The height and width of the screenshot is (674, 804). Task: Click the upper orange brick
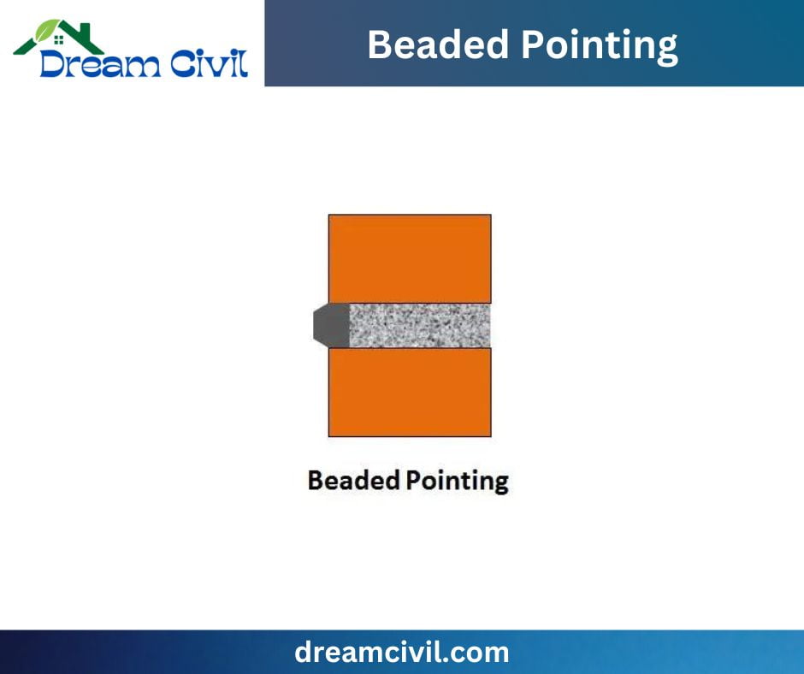pyautogui.click(x=410, y=258)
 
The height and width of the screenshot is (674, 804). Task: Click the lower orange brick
pyautogui.click(x=410, y=392)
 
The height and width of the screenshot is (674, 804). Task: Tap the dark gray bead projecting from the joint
pyautogui.click(x=330, y=325)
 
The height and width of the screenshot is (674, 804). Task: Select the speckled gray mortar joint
pyautogui.click(x=419, y=325)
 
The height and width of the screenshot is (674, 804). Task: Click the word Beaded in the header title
pyautogui.click(x=431, y=44)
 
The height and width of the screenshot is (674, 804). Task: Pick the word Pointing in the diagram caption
pyautogui.click(x=457, y=481)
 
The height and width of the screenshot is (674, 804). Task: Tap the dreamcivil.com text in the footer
pyautogui.click(x=402, y=653)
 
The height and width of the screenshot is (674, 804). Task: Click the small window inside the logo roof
pyautogui.click(x=58, y=38)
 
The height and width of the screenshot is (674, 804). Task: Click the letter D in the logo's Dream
pyautogui.click(x=53, y=62)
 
